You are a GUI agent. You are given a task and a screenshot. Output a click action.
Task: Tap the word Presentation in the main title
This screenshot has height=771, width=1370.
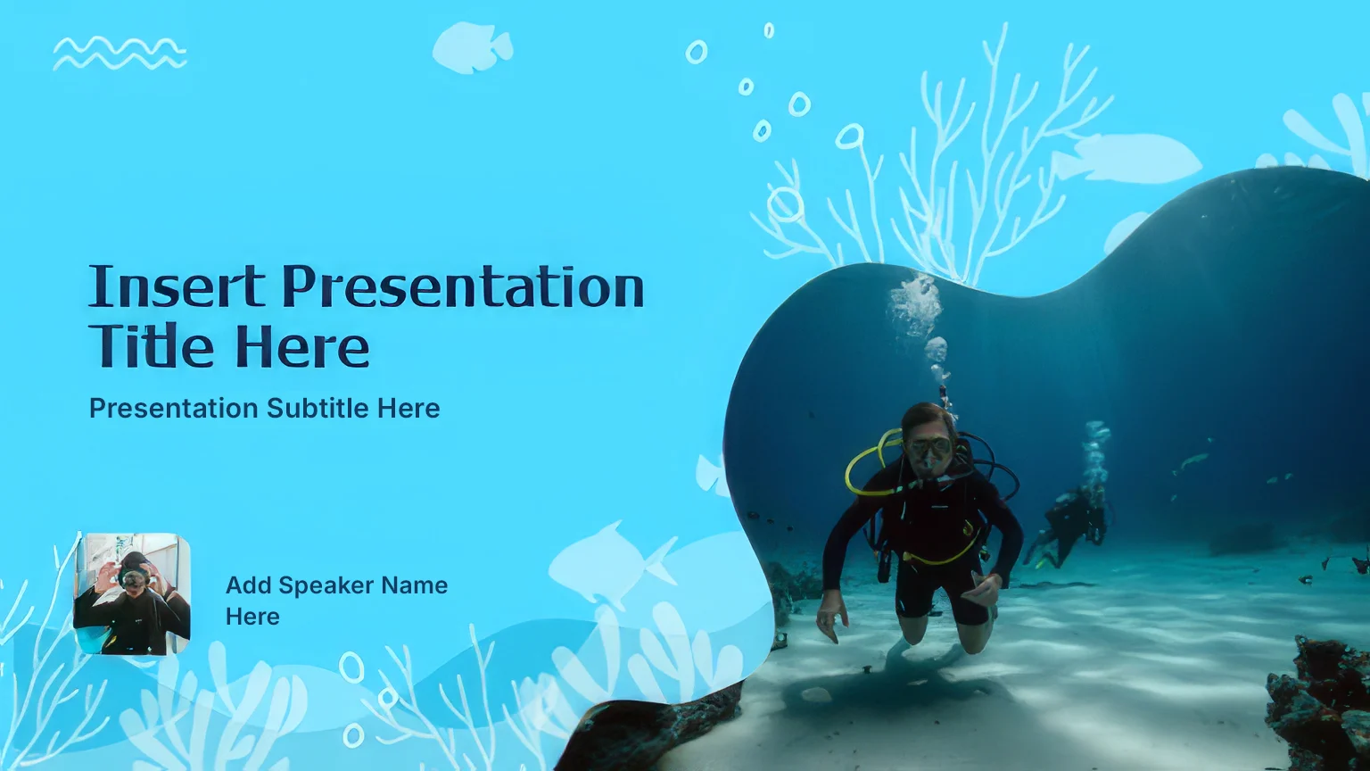(x=463, y=286)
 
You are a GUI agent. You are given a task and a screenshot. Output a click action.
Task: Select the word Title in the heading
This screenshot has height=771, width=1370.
(x=151, y=345)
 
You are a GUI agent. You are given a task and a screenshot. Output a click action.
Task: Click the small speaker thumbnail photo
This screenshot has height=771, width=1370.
(x=132, y=593)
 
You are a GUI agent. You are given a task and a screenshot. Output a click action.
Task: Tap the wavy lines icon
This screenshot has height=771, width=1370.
(x=120, y=54)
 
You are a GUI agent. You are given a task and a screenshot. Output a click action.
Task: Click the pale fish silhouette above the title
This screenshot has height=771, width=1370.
(x=472, y=46)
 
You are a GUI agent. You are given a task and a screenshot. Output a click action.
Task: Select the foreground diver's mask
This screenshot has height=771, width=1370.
(x=928, y=447)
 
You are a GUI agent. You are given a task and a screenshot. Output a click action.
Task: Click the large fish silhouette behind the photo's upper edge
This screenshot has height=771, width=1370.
(x=1126, y=158)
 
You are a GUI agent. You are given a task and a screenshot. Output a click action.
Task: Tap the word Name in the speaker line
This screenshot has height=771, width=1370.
(x=415, y=585)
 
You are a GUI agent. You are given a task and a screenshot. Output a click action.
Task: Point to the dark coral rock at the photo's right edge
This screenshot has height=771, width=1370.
(x=1318, y=704)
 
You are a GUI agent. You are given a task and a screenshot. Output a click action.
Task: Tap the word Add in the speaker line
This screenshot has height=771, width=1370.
(x=248, y=585)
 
